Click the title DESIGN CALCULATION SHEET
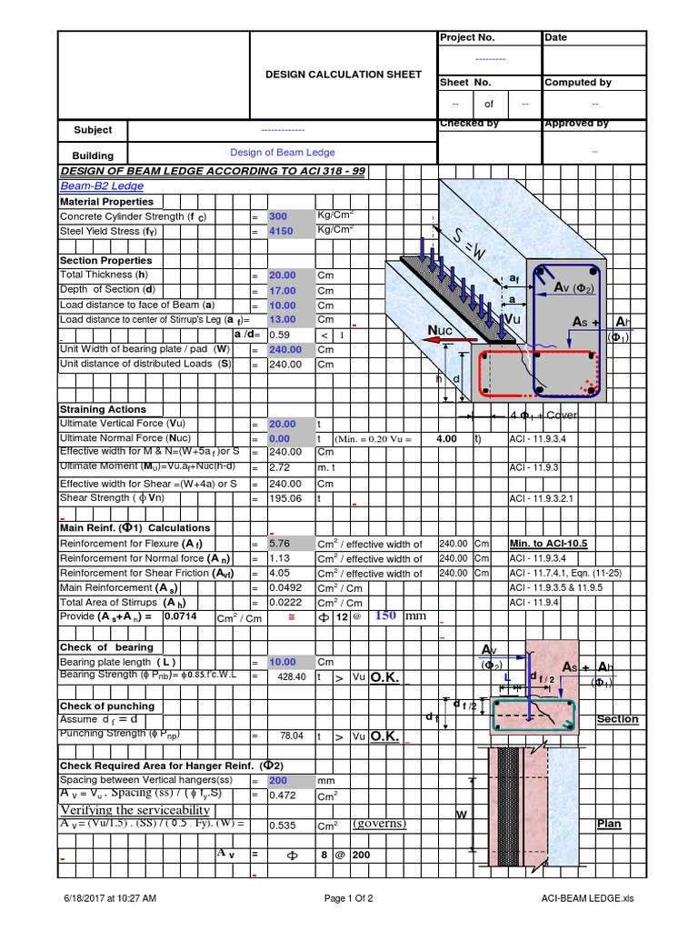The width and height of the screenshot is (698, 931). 344,75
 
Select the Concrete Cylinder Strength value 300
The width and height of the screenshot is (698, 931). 277,217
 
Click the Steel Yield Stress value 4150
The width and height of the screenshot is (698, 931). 280,232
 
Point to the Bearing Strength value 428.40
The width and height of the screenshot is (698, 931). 291,677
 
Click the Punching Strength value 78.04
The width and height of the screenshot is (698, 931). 292,736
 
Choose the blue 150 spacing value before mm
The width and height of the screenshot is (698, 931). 386,616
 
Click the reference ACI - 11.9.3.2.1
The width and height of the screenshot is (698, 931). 541,499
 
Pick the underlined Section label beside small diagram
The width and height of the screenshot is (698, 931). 617,719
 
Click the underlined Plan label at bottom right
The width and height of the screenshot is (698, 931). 609,824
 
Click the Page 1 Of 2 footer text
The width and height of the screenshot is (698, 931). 348,899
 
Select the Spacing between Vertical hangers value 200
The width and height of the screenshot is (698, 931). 278,780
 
